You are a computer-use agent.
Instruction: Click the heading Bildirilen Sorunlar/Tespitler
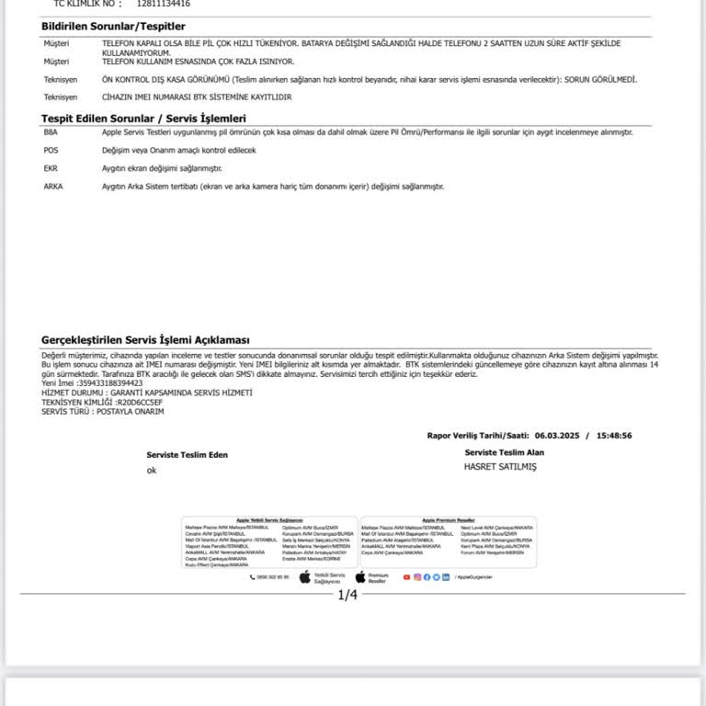pyautogui.click(x=113, y=27)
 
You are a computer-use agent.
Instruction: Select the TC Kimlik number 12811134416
pyautogui.click(x=163, y=4)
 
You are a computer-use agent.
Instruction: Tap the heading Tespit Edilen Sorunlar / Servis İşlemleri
pyautogui.click(x=143, y=118)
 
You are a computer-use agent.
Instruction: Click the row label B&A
pyautogui.click(x=51, y=132)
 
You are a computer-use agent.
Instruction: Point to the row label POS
pyautogui.click(x=51, y=150)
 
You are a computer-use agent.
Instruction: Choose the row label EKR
pyautogui.click(x=51, y=168)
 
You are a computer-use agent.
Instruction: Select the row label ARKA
pyautogui.click(x=52, y=187)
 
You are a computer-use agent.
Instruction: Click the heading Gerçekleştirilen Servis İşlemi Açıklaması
pyautogui.click(x=145, y=340)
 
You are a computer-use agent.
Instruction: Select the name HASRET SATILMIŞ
pyautogui.click(x=500, y=466)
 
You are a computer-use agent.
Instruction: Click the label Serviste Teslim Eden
pyautogui.click(x=188, y=455)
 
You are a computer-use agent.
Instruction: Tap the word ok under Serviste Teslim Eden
pyautogui.click(x=152, y=471)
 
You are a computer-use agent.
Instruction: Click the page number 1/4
pyautogui.click(x=347, y=595)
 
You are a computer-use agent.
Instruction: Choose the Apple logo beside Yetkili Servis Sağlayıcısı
pyautogui.click(x=305, y=576)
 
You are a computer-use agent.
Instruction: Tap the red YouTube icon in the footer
pyautogui.click(x=406, y=576)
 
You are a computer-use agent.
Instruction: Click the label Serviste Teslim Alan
pyautogui.click(x=505, y=452)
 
